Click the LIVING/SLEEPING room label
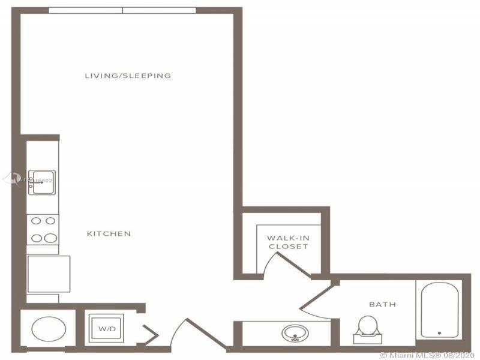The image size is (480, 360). point(128,76)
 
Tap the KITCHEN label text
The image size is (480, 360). point(109,233)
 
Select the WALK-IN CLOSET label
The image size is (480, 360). point(288,242)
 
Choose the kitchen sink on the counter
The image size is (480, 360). point(43,182)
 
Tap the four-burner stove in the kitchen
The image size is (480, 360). point(43,229)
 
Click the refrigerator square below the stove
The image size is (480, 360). point(49,274)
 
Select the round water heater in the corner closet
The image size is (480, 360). point(48,329)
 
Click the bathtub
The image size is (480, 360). point(440,310)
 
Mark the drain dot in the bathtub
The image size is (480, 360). point(440,332)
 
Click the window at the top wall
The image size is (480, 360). point(122,10)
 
